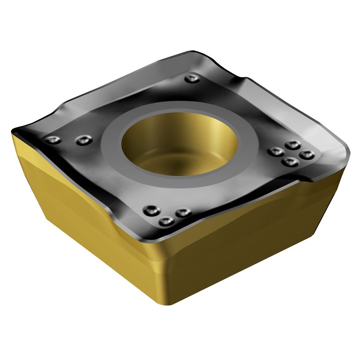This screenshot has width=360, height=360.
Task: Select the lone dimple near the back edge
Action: (192, 78)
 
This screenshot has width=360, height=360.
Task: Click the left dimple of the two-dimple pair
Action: (54, 140)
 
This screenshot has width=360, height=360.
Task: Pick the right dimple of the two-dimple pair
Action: (84, 140)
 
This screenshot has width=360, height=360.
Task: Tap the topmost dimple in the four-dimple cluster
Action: (292, 145)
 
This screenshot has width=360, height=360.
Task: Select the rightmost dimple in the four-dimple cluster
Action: (307, 154)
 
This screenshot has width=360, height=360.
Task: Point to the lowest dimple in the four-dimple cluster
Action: (289, 161)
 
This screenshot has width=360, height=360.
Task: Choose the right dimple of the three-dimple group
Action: (183, 212)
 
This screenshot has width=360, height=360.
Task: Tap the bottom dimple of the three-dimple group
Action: (166, 221)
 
